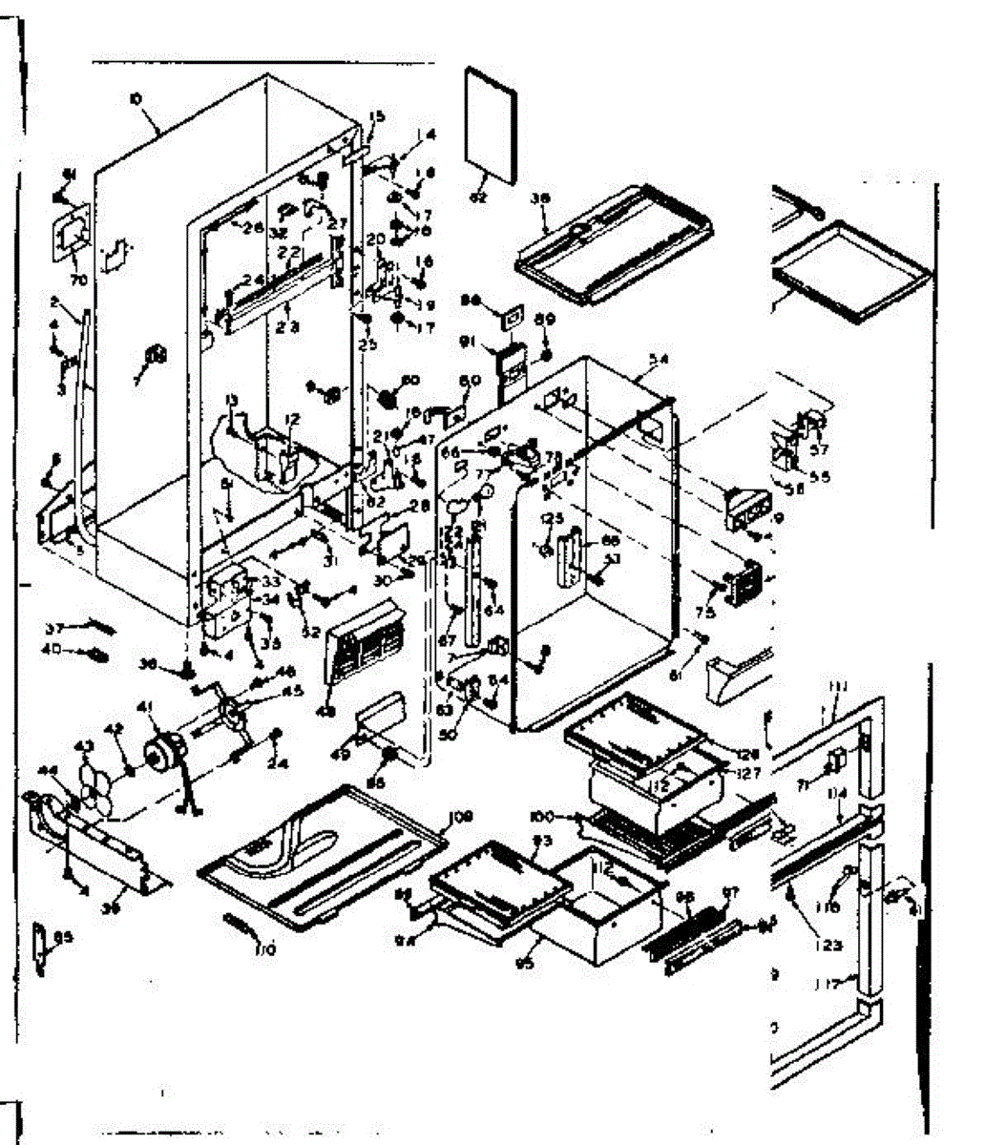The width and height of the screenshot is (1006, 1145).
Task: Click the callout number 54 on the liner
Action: pyautogui.click(x=658, y=359)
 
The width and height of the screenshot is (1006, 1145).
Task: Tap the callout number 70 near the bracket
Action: pyautogui.click(x=77, y=281)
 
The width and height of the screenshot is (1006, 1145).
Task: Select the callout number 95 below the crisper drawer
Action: pyautogui.click(x=523, y=963)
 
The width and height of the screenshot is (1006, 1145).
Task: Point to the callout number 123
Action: pyautogui.click(x=828, y=945)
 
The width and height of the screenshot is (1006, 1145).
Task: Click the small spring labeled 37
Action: pyautogui.click(x=96, y=626)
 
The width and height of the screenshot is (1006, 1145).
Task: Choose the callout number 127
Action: pyautogui.click(x=748, y=774)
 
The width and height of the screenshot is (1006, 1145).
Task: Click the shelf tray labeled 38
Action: pyautogui.click(x=616, y=242)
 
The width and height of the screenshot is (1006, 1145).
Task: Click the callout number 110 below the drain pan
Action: pyautogui.click(x=263, y=947)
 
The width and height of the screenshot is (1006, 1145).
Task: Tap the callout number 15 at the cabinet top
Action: pyautogui.click(x=376, y=117)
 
